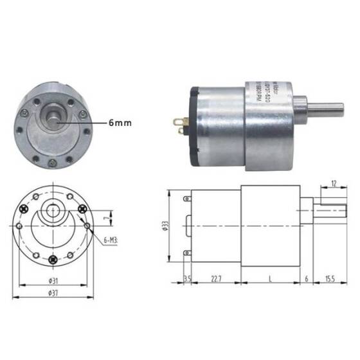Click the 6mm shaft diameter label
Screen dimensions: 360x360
pos(120,121)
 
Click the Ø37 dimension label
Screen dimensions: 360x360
pos(53,292)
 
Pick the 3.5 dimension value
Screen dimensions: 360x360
pos(187,278)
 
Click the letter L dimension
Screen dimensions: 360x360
pos(269,278)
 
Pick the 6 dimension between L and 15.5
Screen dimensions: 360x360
pos(306,278)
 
